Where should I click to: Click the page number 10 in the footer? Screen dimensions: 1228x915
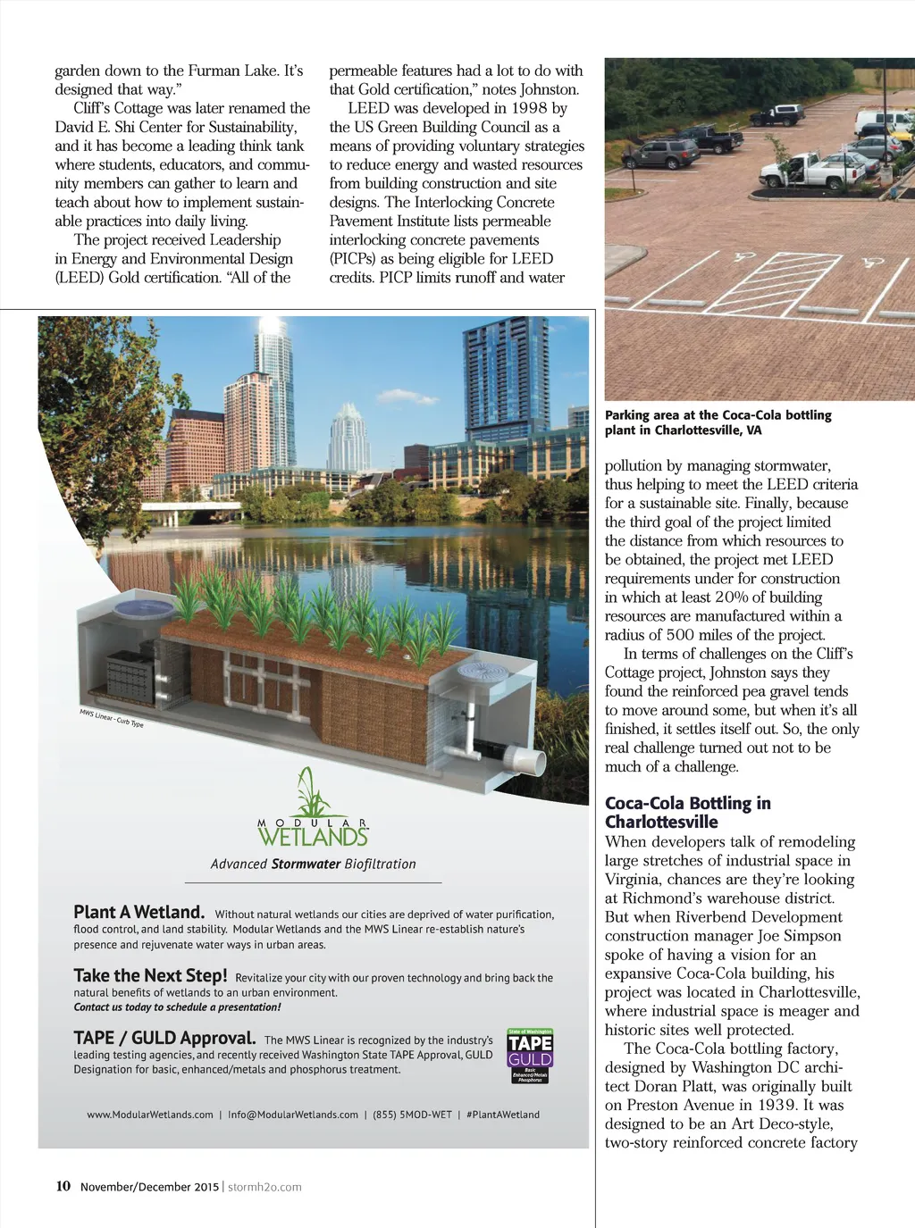point(63,1186)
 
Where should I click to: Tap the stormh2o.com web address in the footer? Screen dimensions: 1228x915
point(264,1187)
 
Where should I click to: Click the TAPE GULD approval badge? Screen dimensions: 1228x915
point(530,1056)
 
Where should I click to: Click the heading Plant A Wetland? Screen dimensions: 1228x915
point(139,912)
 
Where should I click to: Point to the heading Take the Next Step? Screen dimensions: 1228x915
point(150,975)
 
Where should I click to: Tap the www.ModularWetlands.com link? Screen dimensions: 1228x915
point(150,1115)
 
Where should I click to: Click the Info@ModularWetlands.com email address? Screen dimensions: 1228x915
point(293,1115)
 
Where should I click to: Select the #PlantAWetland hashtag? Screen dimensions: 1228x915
point(503,1115)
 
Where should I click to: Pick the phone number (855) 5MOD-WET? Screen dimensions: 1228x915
point(412,1115)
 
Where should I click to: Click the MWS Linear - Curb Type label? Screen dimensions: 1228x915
point(112,718)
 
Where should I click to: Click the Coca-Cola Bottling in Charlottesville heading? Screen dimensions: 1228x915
point(687,812)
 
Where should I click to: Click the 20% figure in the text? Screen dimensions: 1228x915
point(733,597)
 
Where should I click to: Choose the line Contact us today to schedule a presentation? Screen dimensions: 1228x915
point(177,1007)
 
